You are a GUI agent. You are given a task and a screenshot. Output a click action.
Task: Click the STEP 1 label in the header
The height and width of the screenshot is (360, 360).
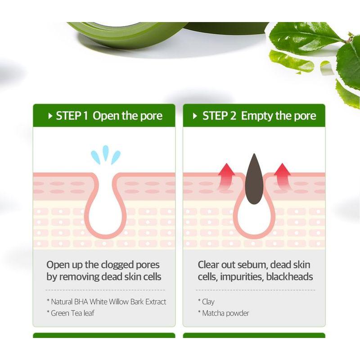pos(72,116)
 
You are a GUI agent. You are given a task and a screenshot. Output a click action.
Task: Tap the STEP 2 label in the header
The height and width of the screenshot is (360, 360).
pos(219,116)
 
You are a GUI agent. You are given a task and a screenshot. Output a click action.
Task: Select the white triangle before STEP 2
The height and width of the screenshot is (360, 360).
pos(195,116)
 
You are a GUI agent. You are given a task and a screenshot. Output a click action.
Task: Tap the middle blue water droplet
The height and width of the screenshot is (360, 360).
pos(106,153)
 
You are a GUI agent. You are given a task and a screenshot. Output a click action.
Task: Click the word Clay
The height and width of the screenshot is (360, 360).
pos(208,301)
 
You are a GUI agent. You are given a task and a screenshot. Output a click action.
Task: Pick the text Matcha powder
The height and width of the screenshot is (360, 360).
pos(225,313)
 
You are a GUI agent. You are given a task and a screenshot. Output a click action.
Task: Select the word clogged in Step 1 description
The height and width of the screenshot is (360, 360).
pos(118,265)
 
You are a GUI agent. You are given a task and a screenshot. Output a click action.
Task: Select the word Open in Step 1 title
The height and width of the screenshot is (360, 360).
pos(106,116)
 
